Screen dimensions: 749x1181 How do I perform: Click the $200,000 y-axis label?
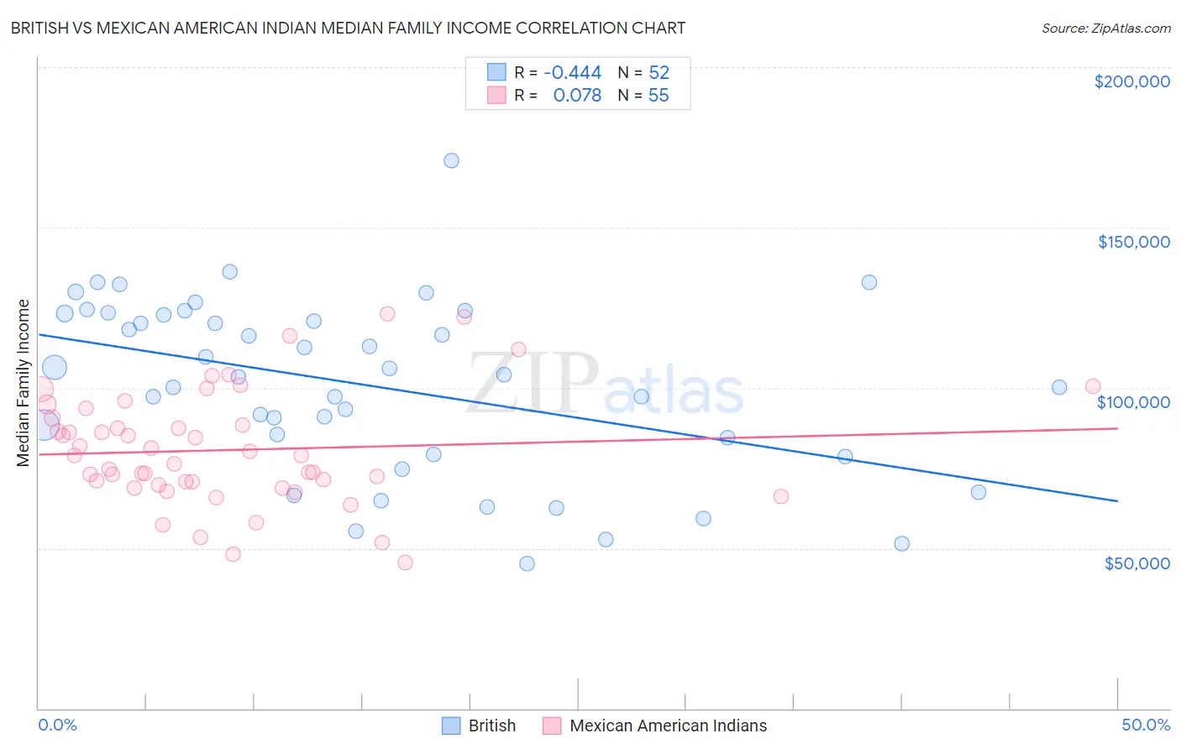click(1131, 81)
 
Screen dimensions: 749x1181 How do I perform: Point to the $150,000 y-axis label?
click(1133, 242)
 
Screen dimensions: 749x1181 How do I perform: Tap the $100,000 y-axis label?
click(1133, 402)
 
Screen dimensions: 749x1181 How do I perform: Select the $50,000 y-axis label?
click(1136, 563)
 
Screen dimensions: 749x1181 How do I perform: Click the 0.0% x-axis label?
click(57, 725)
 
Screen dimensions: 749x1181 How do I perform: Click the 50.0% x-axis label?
click(1146, 725)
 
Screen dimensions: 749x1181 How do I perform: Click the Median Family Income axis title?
click(24, 383)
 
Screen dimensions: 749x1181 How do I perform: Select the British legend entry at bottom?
click(491, 725)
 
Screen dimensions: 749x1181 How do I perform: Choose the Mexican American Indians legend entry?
click(668, 725)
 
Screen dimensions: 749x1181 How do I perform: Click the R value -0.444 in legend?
click(572, 73)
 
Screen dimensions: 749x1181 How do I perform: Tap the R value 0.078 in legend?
click(577, 96)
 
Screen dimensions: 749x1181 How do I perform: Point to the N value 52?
click(659, 73)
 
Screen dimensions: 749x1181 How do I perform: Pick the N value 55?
click(659, 96)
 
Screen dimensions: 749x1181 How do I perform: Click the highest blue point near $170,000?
click(451, 160)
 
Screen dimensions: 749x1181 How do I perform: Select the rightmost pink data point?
click(1093, 386)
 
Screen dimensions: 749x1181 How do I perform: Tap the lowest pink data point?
click(405, 563)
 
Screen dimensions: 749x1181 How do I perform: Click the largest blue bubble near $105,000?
click(54, 367)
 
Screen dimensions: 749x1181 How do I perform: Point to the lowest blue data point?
click(527, 563)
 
